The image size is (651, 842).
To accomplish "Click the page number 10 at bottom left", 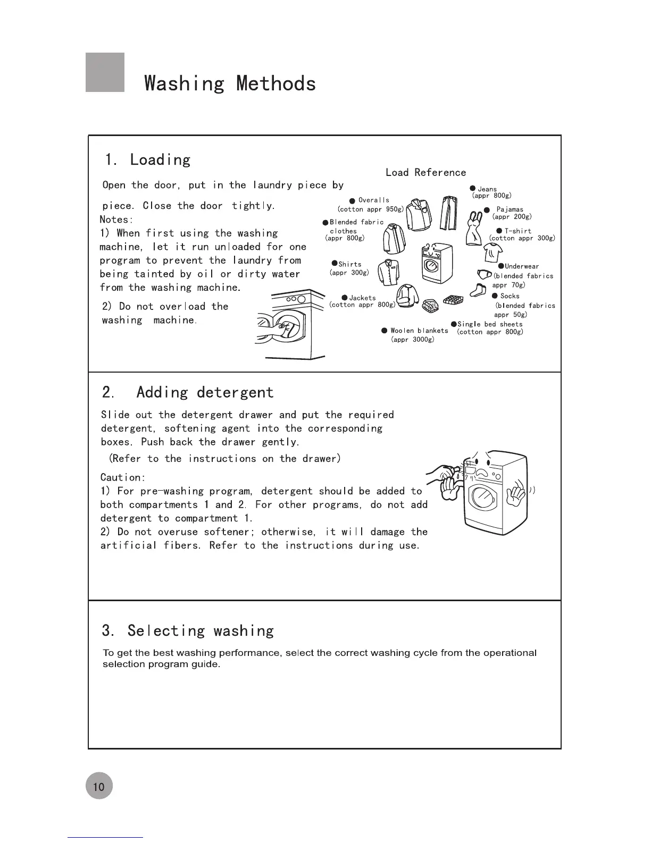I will (x=99, y=786).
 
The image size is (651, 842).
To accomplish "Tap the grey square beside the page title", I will (x=105, y=72).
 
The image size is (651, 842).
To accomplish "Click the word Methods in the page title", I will (x=276, y=83).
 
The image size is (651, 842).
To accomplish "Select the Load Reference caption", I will (x=425, y=172).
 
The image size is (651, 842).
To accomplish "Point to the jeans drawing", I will (x=449, y=213).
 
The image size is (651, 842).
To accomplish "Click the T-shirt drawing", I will (x=493, y=252).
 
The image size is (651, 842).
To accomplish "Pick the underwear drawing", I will (x=485, y=274).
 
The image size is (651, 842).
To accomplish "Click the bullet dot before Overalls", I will (x=352, y=201).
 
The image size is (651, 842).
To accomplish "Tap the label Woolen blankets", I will (x=419, y=331).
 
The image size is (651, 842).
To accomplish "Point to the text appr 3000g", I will (x=413, y=339).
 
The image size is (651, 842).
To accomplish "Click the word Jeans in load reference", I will (x=487, y=189).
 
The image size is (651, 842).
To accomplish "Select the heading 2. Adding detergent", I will (x=188, y=392).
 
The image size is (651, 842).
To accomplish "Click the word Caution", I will (x=122, y=477).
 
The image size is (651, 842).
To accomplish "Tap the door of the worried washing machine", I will (x=483, y=498).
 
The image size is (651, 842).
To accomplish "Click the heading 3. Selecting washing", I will (x=188, y=630).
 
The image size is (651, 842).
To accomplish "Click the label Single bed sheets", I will (x=490, y=324).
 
